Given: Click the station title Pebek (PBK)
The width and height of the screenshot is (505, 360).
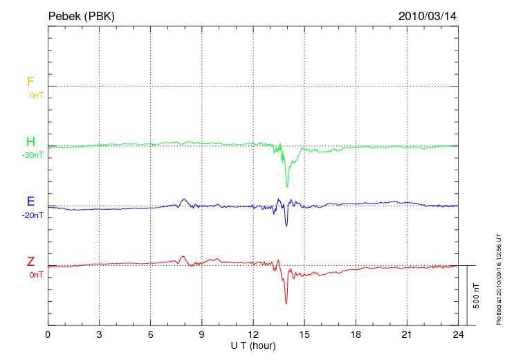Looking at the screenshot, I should click(x=82, y=15).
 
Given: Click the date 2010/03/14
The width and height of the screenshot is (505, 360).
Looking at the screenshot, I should click(x=428, y=15).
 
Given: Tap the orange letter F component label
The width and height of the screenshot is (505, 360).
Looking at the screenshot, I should click(x=30, y=82).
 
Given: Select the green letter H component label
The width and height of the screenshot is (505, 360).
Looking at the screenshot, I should click(x=30, y=143).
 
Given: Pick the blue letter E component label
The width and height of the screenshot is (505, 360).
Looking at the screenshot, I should click(x=30, y=202).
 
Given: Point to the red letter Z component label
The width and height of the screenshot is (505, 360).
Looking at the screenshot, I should click(x=30, y=262).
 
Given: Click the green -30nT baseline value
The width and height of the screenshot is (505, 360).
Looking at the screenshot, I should click(x=33, y=155).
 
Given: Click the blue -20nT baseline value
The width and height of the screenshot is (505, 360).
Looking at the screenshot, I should click(x=33, y=215).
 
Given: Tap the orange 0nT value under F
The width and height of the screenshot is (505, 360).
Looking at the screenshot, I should click(x=36, y=95).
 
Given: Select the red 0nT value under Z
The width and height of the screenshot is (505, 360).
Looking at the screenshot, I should click(x=36, y=275).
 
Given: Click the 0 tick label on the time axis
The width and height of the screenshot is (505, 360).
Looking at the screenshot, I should click(x=48, y=335).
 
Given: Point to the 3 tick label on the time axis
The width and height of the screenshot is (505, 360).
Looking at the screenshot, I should click(x=99, y=335).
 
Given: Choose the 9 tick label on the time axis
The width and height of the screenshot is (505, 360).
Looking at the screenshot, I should click(x=202, y=335).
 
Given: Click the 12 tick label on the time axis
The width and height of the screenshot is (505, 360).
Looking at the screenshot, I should click(x=253, y=335).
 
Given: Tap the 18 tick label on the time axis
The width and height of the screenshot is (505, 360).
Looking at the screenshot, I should click(x=356, y=335).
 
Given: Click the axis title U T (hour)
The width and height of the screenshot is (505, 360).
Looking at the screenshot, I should click(x=253, y=345).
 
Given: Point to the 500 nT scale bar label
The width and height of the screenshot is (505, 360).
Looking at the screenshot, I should click(x=476, y=296).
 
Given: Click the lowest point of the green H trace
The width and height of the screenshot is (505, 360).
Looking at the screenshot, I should click(x=287, y=186).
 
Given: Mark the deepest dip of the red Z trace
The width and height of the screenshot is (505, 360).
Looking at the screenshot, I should click(x=286, y=303).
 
